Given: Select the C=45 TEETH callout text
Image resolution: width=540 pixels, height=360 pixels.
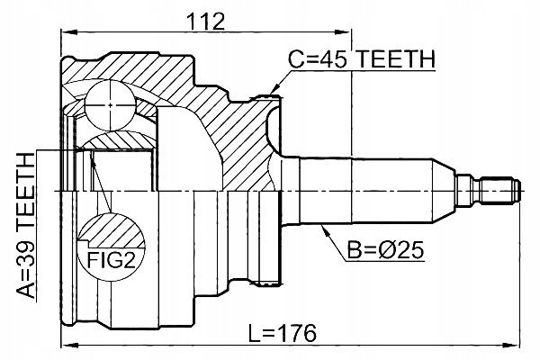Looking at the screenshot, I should pyautogui.click(x=361, y=59).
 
